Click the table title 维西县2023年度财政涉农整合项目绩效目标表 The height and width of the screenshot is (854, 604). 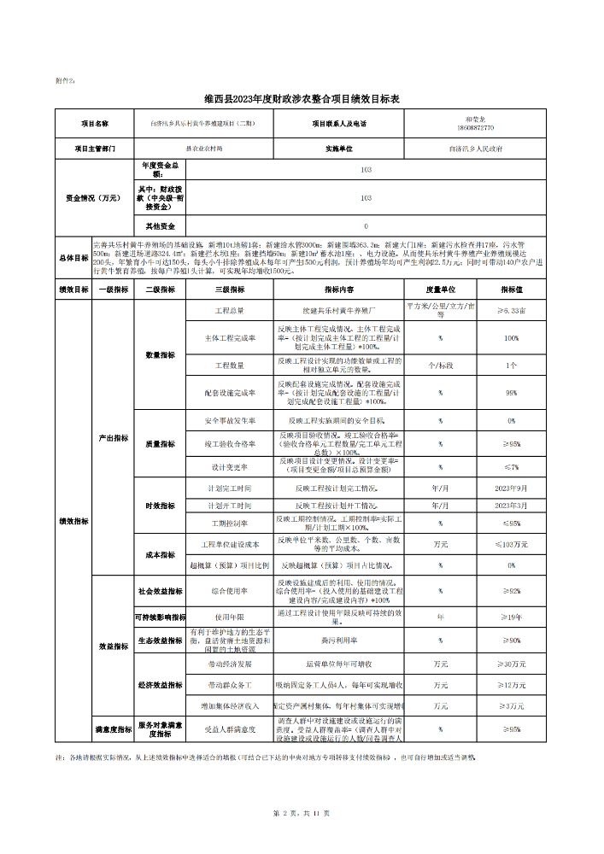pos(302,100)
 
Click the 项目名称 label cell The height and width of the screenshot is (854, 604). pos(95,124)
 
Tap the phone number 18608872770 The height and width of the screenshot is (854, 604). pos(475,128)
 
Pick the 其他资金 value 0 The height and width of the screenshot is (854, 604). pos(366,226)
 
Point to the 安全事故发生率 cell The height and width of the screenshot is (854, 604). pos(230,421)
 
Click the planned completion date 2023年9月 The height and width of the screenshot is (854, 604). pos(512,489)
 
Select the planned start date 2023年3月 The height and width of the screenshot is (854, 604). pos(512,506)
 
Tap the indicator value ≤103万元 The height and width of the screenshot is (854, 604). pos(512,544)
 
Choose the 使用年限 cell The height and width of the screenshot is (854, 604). pos(230,616)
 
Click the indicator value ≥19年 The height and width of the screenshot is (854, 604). pos(512,616)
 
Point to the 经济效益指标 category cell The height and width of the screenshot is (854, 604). pos(160,685)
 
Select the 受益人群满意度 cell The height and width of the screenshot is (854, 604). pos(230,729)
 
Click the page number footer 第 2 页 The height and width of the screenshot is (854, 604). pos(284,812)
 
